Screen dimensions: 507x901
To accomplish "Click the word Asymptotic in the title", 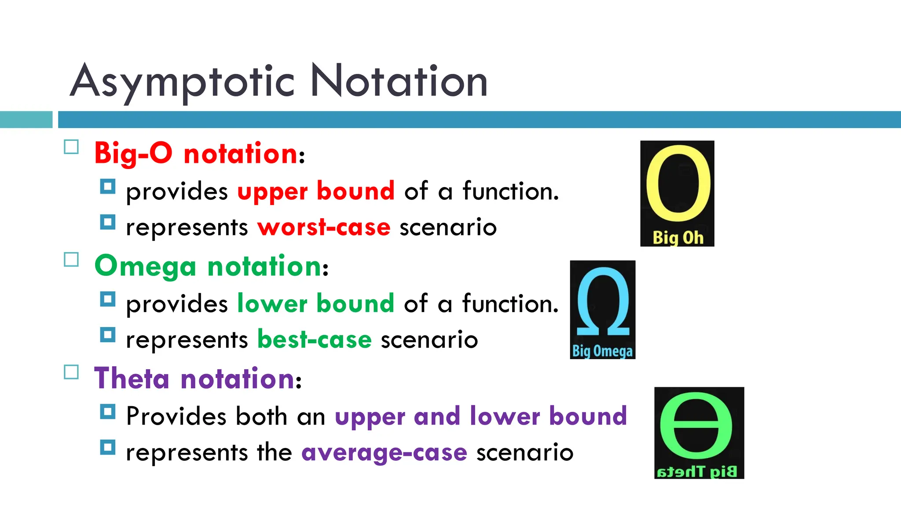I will pos(182,81).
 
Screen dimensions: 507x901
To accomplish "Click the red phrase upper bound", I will pos(316,191).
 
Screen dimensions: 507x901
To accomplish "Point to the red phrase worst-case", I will pos(324,228).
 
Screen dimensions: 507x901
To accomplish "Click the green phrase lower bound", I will pos(315,304).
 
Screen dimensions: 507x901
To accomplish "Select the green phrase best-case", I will pos(315,340).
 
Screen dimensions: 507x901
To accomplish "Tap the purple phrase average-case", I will pos(384,452).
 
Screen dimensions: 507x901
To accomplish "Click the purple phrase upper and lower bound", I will pos(480,416).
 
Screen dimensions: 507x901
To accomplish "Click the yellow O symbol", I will pos(678,184).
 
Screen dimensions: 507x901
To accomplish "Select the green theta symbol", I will pos(696,426).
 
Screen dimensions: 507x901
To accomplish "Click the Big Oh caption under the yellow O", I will pos(678,238).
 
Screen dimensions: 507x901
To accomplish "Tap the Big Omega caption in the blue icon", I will pos(602,351).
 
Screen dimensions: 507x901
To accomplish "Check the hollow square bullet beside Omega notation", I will pos(71,260).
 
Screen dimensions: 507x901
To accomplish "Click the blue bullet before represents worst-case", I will pos(107,222).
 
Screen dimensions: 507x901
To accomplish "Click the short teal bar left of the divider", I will pos(26,120).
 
